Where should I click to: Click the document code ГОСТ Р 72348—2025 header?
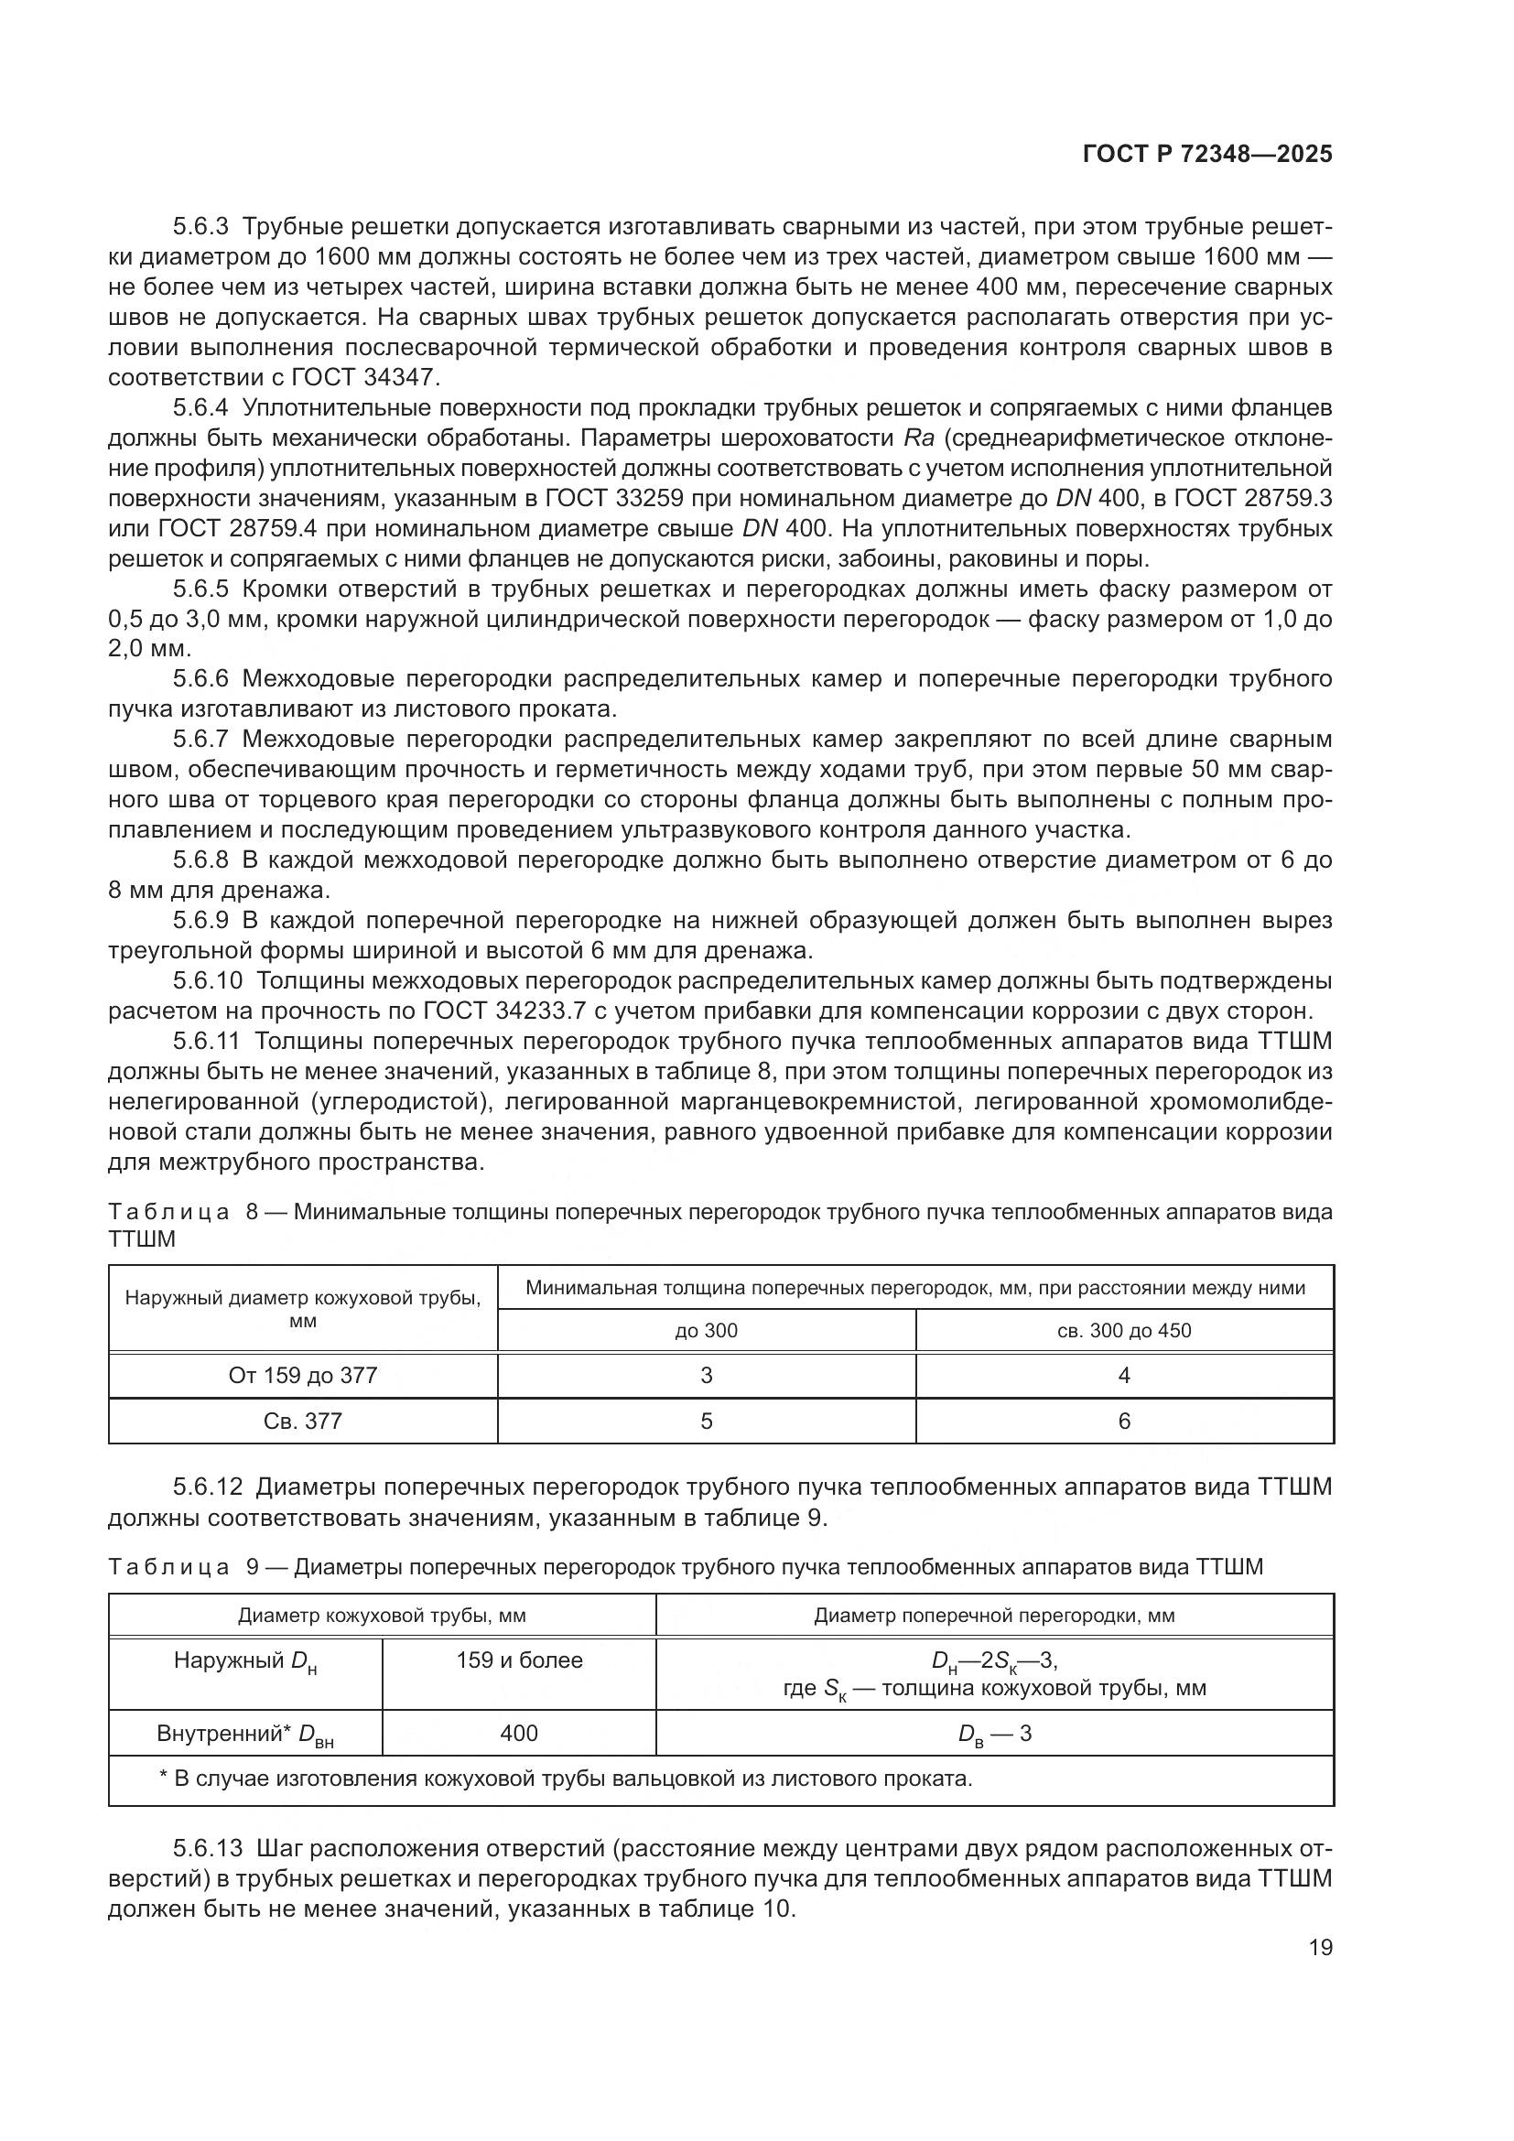[x=1207, y=155]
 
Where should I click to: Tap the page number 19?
[x=1320, y=1947]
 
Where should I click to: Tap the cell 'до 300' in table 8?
[x=706, y=1331]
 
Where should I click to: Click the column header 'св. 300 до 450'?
[x=1124, y=1331]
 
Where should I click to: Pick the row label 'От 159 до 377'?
[x=303, y=1376]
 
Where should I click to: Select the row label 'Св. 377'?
[x=303, y=1422]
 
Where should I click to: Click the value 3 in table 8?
[x=706, y=1376]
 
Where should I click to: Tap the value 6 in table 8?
[x=1124, y=1422]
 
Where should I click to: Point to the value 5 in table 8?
[x=706, y=1422]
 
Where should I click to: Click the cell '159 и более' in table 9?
[x=519, y=1660]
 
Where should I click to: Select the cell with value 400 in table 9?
[x=519, y=1734]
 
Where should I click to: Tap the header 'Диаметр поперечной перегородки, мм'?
[x=995, y=1616]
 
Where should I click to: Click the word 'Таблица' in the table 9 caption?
[x=168, y=1566]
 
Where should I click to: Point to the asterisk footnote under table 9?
[x=566, y=1779]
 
